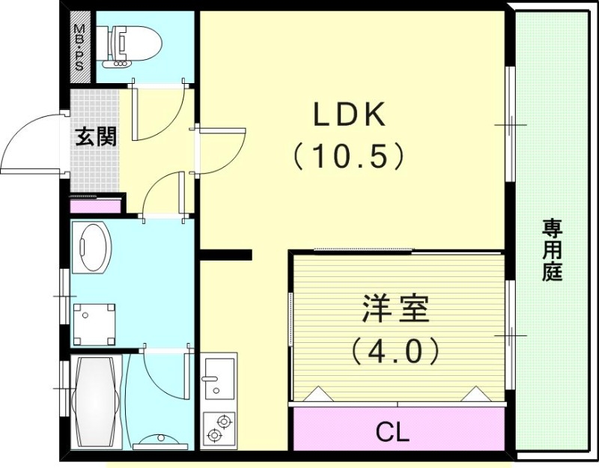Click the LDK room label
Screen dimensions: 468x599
pos(349,115)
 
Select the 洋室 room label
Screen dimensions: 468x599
pos(396,309)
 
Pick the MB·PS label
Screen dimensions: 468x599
pos(79,47)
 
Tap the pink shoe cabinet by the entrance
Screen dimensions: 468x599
pos(95,204)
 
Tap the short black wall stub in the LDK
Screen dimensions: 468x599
pos(225,255)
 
